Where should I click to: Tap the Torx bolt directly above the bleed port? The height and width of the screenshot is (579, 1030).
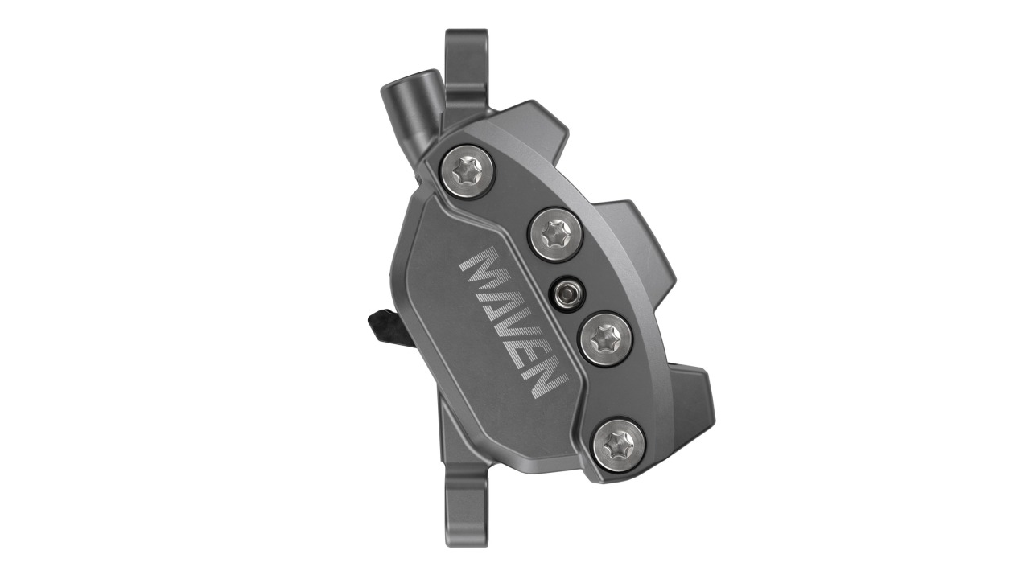tap(554, 233)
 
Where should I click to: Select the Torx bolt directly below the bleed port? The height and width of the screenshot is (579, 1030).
tap(604, 339)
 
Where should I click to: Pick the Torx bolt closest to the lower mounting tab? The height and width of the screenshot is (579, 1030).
tap(618, 444)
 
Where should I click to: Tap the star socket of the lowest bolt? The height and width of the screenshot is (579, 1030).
tap(618, 444)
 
